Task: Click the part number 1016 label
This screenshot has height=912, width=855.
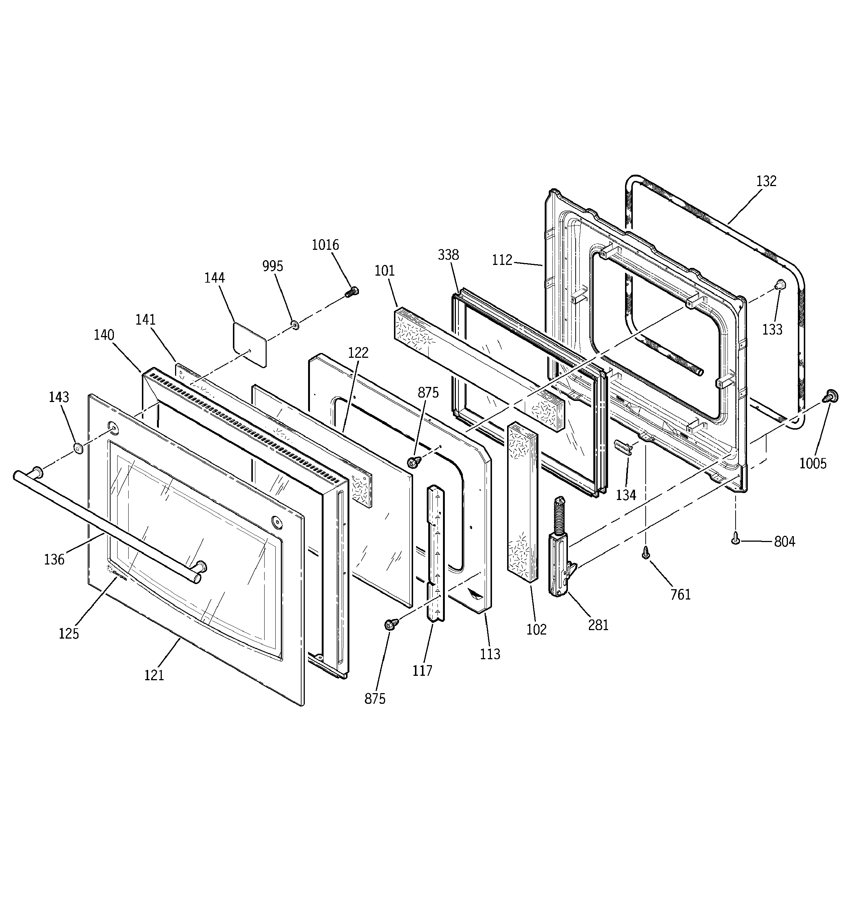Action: point(325,245)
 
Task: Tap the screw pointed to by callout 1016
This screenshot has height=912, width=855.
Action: point(352,291)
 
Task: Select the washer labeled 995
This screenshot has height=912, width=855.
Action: point(294,325)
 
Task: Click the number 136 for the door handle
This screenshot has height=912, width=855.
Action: point(54,559)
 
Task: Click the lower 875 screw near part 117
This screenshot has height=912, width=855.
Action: point(391,623)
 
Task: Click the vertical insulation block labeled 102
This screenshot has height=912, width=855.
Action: point(522,502)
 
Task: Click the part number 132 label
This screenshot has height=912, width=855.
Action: point(767,181)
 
